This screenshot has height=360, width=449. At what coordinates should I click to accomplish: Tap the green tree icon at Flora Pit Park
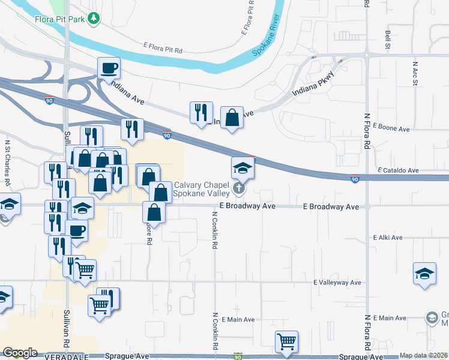point(94,19)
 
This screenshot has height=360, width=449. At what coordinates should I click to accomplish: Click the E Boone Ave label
point(391,128)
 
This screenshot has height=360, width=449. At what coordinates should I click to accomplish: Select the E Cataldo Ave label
point(397,170)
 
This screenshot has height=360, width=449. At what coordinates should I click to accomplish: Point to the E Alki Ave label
point(387,238)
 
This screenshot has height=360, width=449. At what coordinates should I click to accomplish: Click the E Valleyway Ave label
point(337,282)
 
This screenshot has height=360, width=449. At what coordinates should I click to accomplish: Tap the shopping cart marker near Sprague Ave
point(287,342)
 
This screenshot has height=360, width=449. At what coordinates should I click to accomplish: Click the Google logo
point(20,353)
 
